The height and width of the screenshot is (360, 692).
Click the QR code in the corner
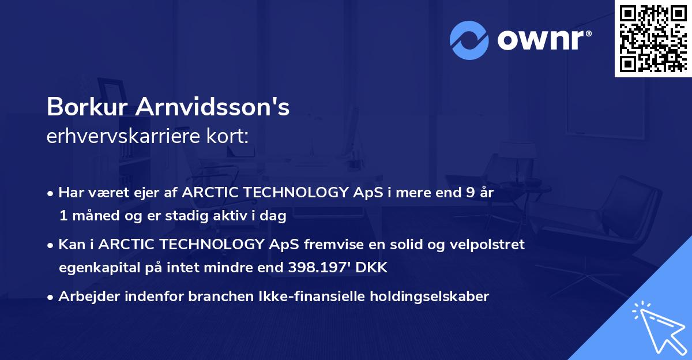[x=652, y=38]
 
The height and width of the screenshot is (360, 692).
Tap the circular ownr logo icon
[x=469, y=40]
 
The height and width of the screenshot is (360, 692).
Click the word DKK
[x=373, y=268]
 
